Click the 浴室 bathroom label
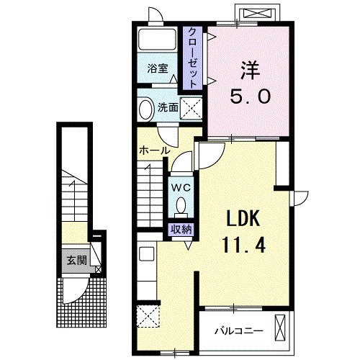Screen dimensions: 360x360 [158, 69]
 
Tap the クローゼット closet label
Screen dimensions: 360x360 [192, 58]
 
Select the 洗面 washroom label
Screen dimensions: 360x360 [168, 107]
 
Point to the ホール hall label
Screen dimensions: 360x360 [155, 150]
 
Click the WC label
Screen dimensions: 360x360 [181, 187]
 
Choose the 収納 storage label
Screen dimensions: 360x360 [181, 230]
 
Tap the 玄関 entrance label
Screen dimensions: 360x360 [76, 260]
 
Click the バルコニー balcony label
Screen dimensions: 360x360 [238, 331]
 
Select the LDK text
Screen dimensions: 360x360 [243, 218]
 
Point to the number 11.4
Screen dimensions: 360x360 [244, 245]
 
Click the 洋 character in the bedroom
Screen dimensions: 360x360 [251, 71]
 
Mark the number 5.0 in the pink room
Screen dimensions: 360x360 [251, 96]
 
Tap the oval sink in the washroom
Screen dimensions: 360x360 [146, 109]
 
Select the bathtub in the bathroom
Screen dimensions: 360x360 [157, 40]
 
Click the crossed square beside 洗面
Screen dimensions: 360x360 [191, 108]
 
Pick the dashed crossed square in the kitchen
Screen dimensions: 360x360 [148, 316]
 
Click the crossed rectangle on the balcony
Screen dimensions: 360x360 [280, 328]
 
